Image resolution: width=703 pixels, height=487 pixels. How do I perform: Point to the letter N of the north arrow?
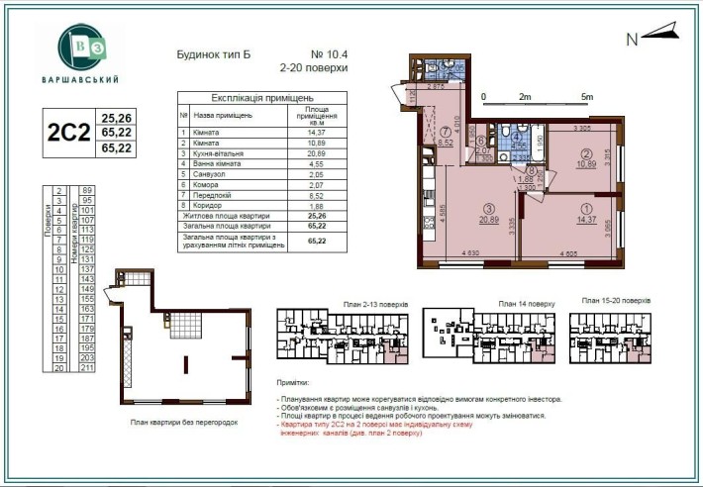[632, 40]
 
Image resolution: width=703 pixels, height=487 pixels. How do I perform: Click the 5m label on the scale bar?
[587, 97]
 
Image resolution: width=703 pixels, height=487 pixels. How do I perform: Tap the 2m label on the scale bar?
[524, 97]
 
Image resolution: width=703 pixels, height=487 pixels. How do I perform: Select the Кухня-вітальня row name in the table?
[220, 153]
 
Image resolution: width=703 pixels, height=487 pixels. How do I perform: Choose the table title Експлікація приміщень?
[262, 99]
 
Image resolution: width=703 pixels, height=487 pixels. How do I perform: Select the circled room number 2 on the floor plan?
[586, 153]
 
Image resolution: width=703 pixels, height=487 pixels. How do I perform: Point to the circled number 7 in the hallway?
[447, 132]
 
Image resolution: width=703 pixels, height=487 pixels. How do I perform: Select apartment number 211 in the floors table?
[86, 367]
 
